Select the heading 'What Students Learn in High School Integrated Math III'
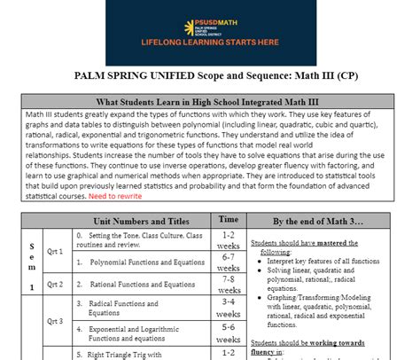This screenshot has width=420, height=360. point(210,101)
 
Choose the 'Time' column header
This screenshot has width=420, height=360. point(228,219)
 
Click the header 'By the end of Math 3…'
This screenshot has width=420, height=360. point(323,220)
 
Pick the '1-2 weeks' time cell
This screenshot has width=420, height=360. point(228,240)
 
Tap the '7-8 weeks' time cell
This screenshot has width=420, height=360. point(228,284)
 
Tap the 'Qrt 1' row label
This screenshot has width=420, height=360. point(55,251)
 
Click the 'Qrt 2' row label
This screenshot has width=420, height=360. point(55,284)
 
